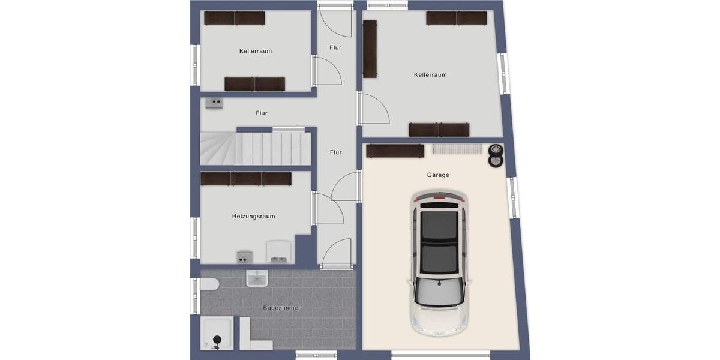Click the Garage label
pyautogui.click(x=438, y=175)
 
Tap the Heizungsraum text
pyautogui.click(x=253, y=216)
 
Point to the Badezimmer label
pyautogui.click(x=281, y=308)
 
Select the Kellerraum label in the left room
pyautogui.click(x=255, y=51)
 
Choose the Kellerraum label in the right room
pyautogui.click(x=430, y=75)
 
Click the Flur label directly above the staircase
pyautogui.click(x=261, y=113)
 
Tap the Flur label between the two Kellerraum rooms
pyautogui.click(x=335, y=47)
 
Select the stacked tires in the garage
pyautogui.click(x=496, y=156)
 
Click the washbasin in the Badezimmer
pyautogui.click(x=257, y=278)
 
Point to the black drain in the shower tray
pyautogui.click(x=215, y=343)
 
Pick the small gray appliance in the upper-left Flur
pyautogui.click(x=214, y=103)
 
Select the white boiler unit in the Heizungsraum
pyautogui.click(x=279, y=251)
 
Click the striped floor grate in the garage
pyautogui.click(x=456, y=148)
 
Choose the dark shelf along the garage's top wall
pyautogui.click(x=395, y=151)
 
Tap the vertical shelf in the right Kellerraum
pyautogui.click(x=370, y=49)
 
